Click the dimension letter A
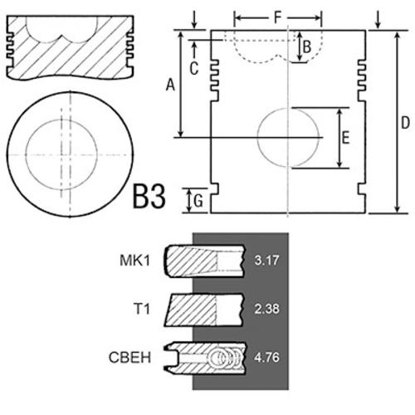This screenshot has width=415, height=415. (x=170, y=85)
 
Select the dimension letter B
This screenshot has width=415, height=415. (x=307, y=46)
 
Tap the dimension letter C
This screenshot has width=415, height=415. (x=194, y=68)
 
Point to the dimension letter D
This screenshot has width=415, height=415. (x=405, y=122)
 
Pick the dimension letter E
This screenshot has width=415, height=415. (x=345, y=138)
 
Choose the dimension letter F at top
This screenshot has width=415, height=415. (x=277, y=17)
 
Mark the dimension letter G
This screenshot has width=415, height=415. (x=198, y=201)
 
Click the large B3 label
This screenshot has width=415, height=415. (x=149, y=197)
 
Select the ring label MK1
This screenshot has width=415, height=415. (x=134, y=261)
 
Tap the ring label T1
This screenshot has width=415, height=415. (x=142, y=309)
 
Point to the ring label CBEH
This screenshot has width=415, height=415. (x=129, y=357)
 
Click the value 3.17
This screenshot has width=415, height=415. (x=266, y=261)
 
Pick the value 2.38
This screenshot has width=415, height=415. (x=266, y=309)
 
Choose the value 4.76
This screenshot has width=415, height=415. (x=266, y=357)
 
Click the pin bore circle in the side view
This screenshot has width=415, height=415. (x=257, y=138)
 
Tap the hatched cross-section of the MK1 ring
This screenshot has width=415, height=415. (x=191, y=261)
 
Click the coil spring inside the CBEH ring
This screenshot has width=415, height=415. (x=226, y=359)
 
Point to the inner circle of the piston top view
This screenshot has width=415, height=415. (x=26, y=154)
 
